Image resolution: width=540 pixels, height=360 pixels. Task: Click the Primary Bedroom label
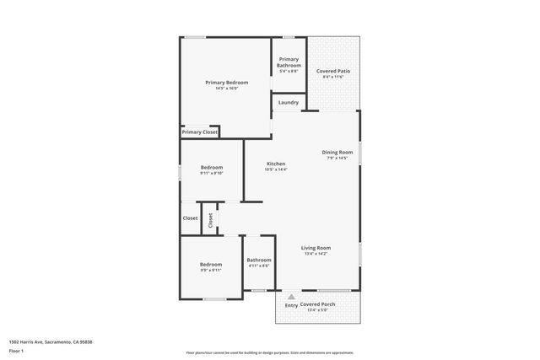point(227,82)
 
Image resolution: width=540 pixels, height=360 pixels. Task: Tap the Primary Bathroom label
point(289,62)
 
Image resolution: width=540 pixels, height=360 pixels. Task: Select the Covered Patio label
point(333,71)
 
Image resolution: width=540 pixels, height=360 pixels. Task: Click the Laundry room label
point(288,103)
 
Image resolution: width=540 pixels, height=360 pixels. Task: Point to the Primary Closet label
point(200,132)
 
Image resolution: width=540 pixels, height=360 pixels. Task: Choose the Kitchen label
point(276,164)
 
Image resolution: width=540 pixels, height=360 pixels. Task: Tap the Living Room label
point(316,248)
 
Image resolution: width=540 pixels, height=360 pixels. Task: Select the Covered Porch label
point(317,304)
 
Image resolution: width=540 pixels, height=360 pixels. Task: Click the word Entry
point(290,304)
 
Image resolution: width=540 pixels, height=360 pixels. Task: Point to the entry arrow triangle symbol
point(291,297)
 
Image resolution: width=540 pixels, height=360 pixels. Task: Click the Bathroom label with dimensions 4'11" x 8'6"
point(259,260)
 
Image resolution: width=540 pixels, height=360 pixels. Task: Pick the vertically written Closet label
point(211,219)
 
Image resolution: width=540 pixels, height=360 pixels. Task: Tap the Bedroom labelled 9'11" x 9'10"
point(212,168)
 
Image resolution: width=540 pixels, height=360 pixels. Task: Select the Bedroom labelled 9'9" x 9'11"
point(211,264)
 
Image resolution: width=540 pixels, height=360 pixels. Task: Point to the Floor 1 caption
point(16,351)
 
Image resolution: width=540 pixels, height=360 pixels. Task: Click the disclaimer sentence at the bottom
point(269,352)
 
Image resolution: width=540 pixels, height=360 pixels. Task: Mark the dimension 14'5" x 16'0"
point(227,89)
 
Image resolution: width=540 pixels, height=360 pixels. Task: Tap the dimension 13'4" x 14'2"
point(316,254)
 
